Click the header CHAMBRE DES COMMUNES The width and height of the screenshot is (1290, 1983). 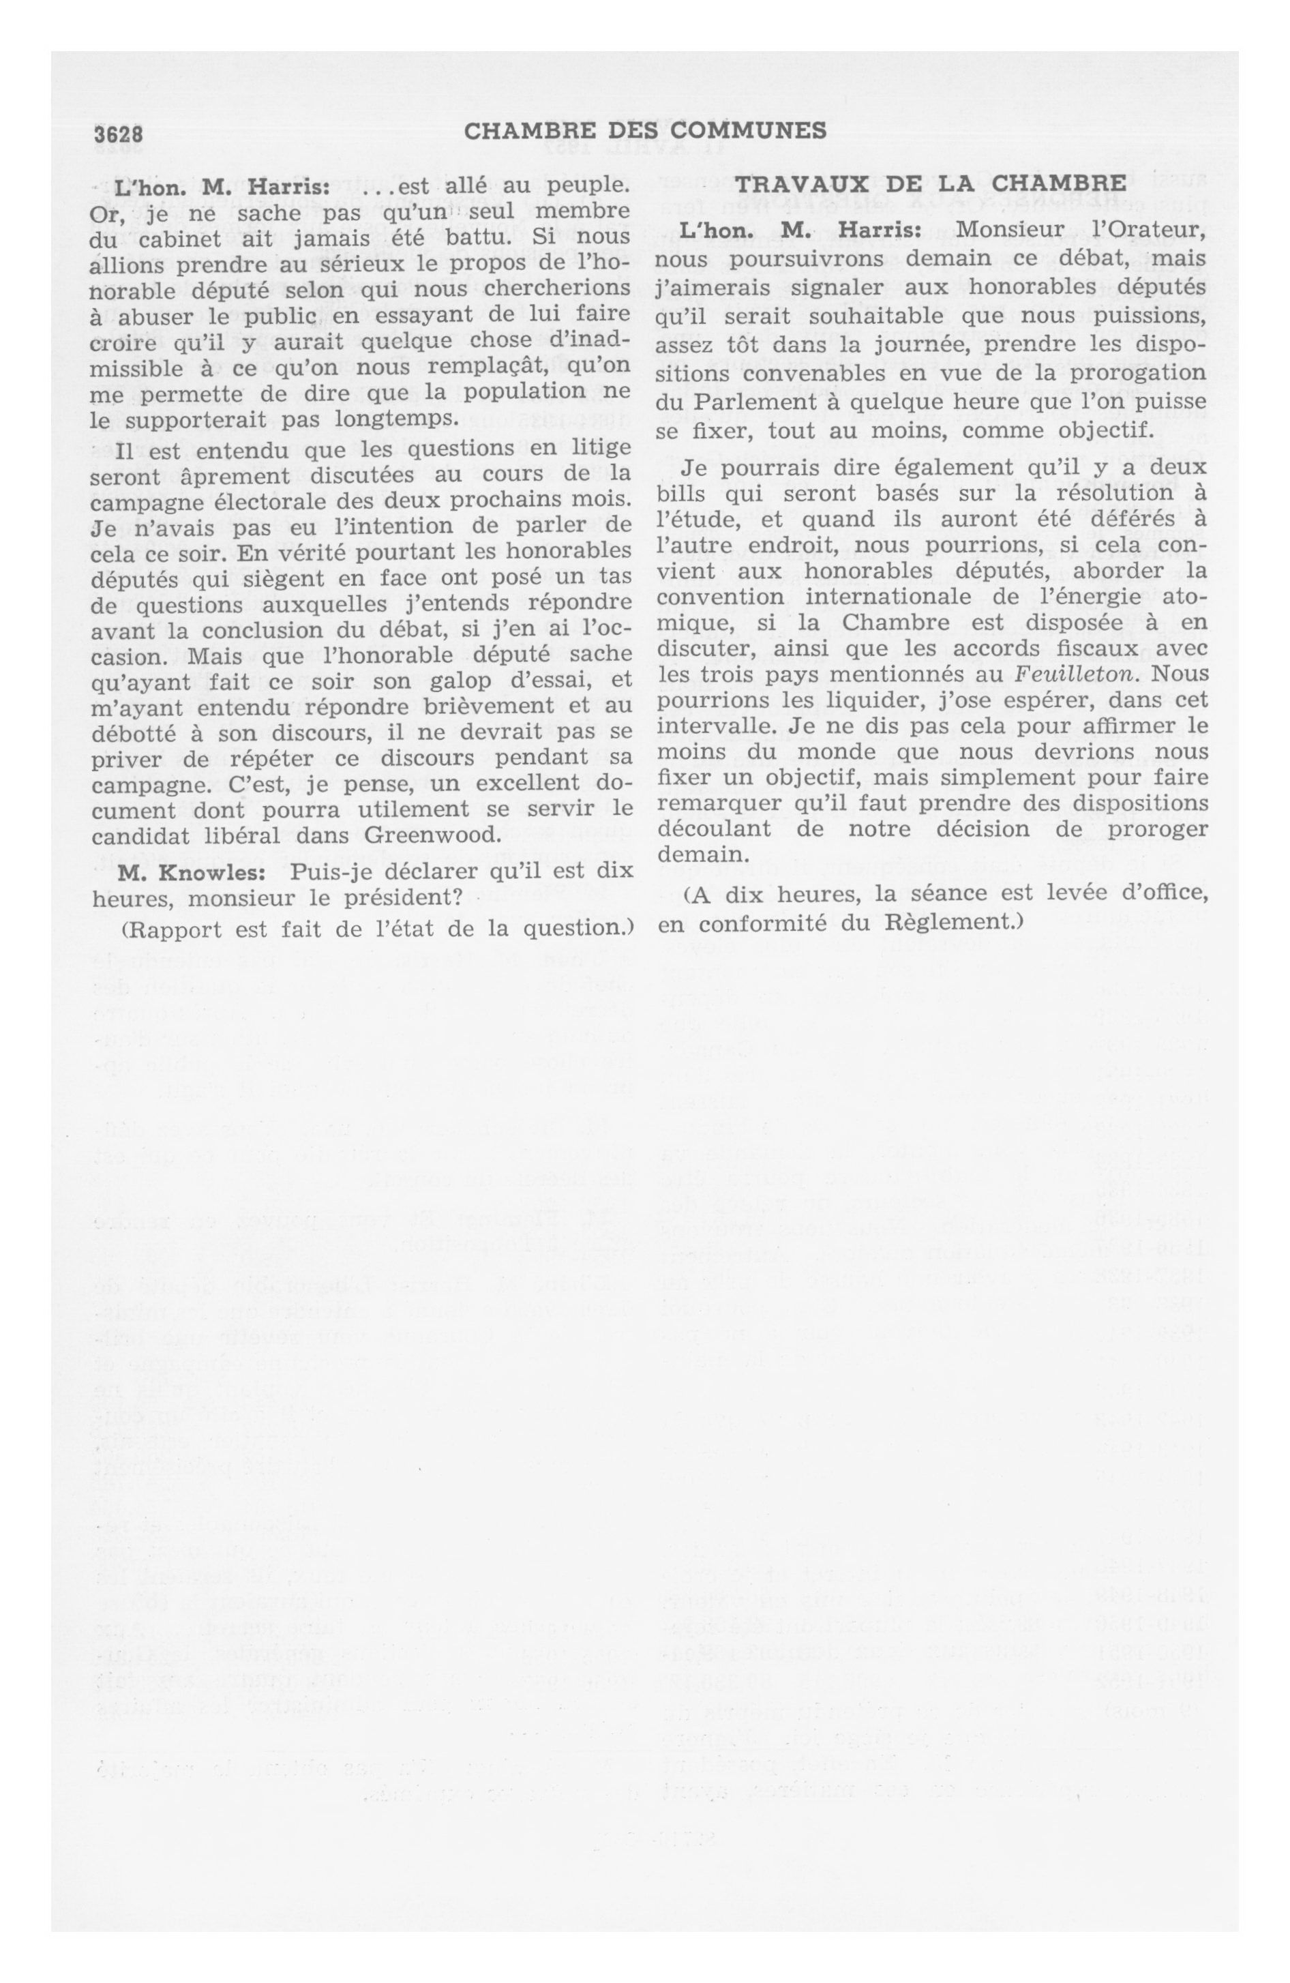pyautogui.click(x=644, y=131)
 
